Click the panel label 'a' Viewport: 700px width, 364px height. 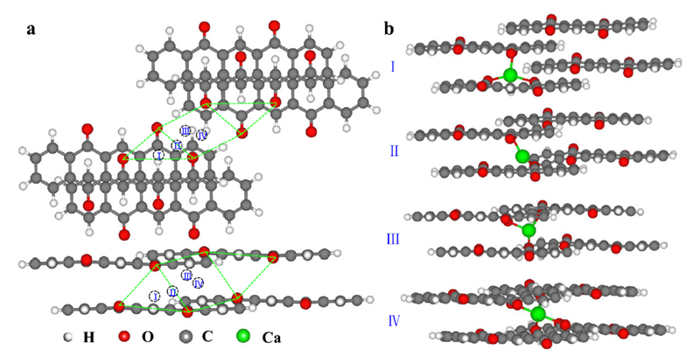(x=31, y=29)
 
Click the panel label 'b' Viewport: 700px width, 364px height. (x=388, y=29)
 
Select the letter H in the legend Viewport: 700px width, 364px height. (x=88, y=337)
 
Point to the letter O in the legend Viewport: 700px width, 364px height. (x=146, y=337)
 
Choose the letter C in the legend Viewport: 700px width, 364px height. (x=206, y=337)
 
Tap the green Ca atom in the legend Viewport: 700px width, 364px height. (x=242, y=336)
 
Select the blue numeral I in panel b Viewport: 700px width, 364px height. (x=393, y=66)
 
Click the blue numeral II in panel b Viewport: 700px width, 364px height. (x=394, y=150)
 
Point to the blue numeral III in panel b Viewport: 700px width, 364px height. (x=394, y=238)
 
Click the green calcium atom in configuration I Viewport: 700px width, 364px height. (x=510, y=76)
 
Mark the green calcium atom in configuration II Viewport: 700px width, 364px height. (x=522, y=157)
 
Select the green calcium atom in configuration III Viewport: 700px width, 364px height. (x=528, y=230)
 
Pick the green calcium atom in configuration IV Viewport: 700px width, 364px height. (x=538, y=312)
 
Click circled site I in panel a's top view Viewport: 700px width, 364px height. (x=158, y=155)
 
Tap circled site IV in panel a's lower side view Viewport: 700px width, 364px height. (x=199, y=283)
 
